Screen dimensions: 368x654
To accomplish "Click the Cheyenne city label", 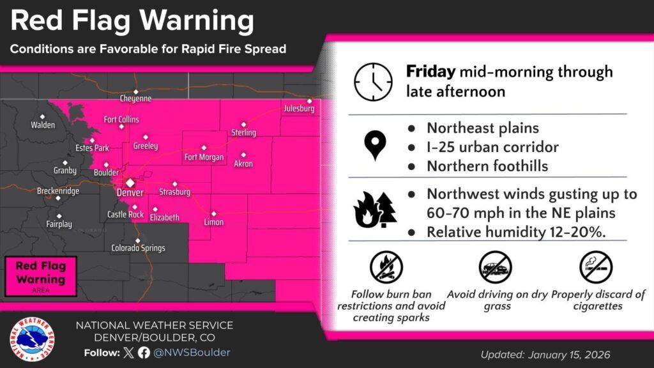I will (135, 99).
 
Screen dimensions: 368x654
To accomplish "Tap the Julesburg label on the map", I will (300, 109).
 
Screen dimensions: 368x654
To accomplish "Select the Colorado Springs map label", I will (138, 248).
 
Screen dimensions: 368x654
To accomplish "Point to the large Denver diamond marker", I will (130, 182).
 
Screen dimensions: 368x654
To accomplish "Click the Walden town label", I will (43, 125).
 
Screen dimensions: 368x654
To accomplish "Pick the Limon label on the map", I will (213, 222).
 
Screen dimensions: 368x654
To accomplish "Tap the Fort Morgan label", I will (203, 157).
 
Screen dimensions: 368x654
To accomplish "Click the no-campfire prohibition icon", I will (386, 268).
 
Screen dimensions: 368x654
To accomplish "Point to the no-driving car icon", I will (496, 268).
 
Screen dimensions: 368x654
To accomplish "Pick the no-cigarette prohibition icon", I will (596, 267).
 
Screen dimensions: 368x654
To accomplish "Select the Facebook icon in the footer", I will (144, 353).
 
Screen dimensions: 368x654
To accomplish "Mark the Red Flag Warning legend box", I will (41, 277).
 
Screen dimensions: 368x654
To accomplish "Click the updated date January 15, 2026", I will (546, 355).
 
